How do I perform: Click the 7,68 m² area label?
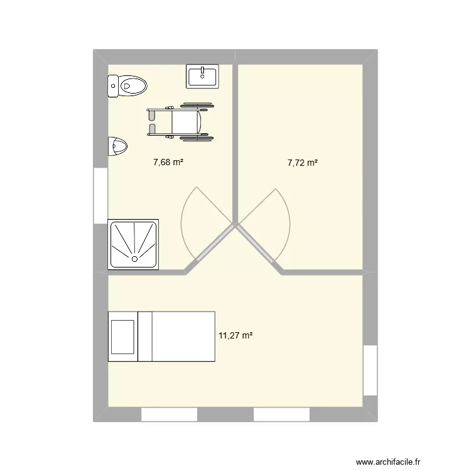point(168,163)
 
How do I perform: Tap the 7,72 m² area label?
point(302,163)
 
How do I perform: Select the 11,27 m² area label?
point(235,336)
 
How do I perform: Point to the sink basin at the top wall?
point(203,76)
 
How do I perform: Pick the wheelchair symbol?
point(175,121)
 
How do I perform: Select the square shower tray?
point(133,244)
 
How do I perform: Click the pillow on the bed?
point(122,336)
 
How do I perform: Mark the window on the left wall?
point(100,195)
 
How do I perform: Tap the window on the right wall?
point(371,371)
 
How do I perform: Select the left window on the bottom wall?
point(169,414)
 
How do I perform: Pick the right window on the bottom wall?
point(281,414)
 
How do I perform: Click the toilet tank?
point(113,85)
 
